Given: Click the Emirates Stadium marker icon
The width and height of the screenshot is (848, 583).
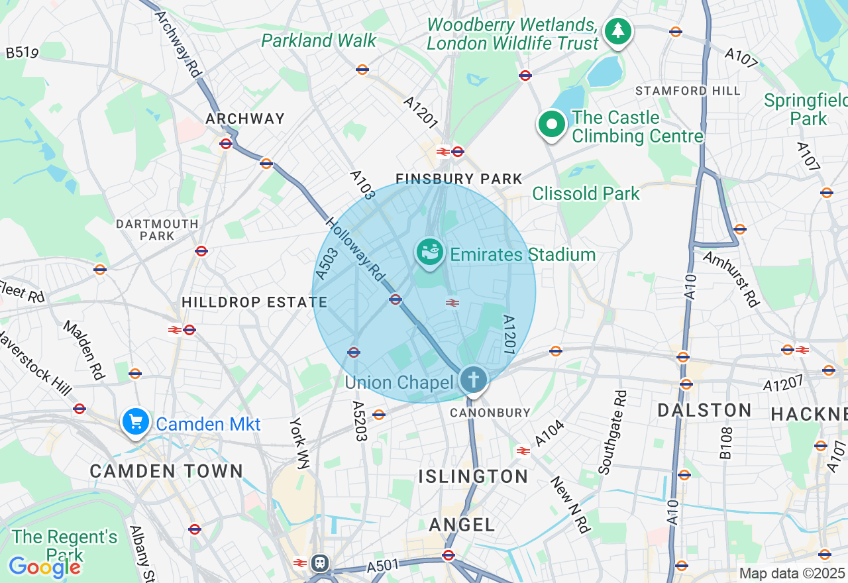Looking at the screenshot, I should click(430, 252).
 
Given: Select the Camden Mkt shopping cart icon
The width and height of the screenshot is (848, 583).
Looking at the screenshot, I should click(136, 421).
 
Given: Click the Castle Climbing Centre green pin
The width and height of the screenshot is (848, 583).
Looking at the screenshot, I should click(551, 124).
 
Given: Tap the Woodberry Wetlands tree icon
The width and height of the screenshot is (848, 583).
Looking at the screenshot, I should click(618, 30).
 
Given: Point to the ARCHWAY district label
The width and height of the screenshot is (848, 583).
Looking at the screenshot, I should click(245, 119).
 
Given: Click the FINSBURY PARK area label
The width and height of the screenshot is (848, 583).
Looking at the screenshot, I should click(459, 179).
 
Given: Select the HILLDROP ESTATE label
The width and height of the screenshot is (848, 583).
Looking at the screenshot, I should click(254, 303).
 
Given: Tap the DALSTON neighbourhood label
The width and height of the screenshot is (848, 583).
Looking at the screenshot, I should click(704, 411).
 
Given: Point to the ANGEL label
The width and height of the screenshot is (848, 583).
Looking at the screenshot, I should click(462, 525).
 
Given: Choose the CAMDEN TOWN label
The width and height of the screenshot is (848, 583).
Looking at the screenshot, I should click(166, 472).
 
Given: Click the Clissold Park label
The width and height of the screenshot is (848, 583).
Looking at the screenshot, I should click(586, 193).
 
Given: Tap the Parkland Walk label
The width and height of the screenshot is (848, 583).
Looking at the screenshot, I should click(319, 40).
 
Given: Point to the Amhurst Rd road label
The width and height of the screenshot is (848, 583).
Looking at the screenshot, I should click(731, 278).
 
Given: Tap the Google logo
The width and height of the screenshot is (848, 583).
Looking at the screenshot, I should click(44, 567).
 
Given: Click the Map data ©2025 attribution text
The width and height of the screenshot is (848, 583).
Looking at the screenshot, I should click(792, 574).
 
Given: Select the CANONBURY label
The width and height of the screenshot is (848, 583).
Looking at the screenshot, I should click(490, 413).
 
